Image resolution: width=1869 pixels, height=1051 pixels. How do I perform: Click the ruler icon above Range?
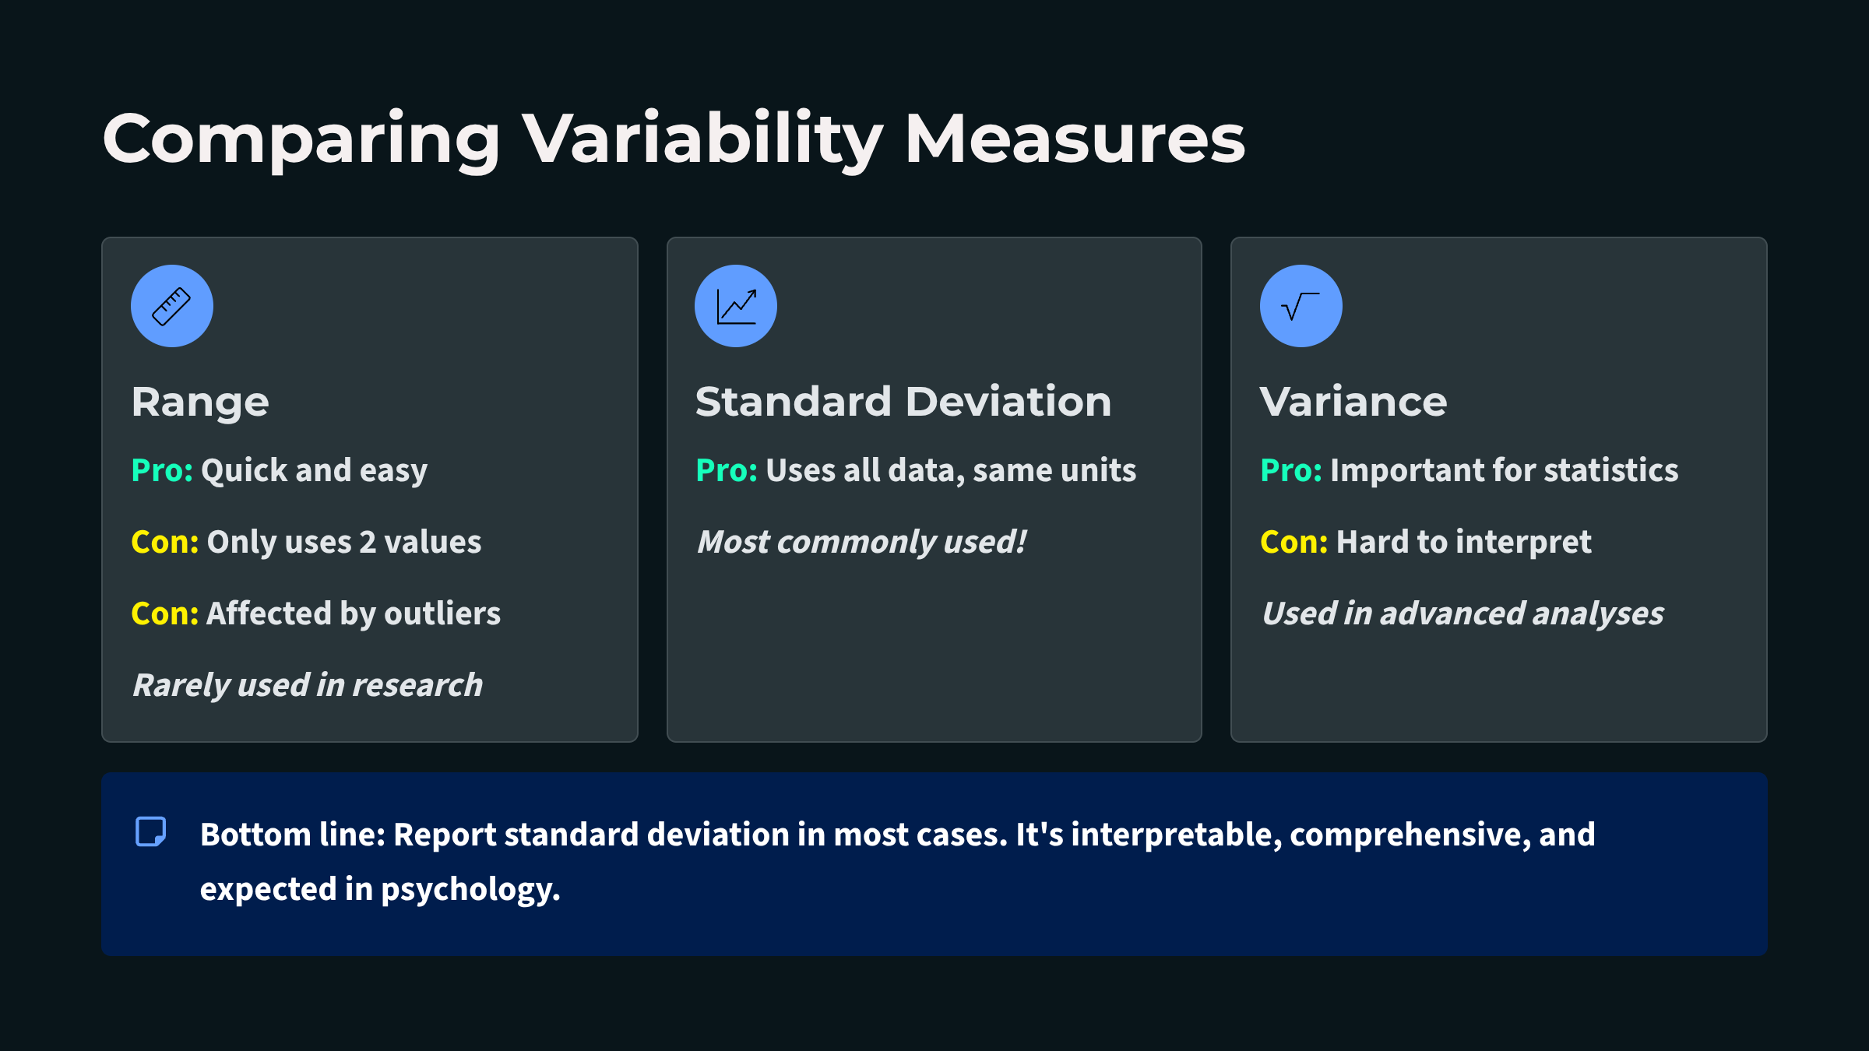tap(171, 306)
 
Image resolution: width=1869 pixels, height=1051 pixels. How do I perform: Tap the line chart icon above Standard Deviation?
tap(736, 306)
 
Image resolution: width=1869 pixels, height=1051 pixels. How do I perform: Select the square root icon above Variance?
tap(1301, 306)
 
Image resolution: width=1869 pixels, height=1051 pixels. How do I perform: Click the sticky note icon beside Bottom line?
tap(151, 831)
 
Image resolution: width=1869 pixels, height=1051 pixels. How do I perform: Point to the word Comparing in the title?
tap(301, 140)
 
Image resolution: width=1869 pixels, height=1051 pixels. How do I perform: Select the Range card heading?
tap(200, 403)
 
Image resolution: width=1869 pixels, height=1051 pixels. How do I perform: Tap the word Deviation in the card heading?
tap(1008, 402)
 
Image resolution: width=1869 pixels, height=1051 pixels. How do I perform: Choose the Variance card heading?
tap(1353, 402)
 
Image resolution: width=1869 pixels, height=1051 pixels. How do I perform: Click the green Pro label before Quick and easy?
tap(162, 470)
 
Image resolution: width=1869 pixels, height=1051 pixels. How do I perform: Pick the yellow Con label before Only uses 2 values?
tap(165, 542)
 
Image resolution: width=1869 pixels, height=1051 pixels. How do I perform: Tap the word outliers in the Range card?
tap(442, 613)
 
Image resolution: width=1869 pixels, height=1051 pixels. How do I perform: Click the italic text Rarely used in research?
tap(308, 686)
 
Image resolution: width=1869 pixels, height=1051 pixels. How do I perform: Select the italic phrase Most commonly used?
tap(861, 543)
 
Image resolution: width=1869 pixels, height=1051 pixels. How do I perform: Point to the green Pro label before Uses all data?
tap(727, 470)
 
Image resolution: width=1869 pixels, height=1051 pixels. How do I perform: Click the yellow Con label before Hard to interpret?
tap(1294, 542)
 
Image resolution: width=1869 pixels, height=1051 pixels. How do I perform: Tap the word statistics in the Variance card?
tap(1611, 470)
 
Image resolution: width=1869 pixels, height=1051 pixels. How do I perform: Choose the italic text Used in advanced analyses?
tap(1462, 614)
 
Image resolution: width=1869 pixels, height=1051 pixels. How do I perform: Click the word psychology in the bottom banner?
tap(470, 890)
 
